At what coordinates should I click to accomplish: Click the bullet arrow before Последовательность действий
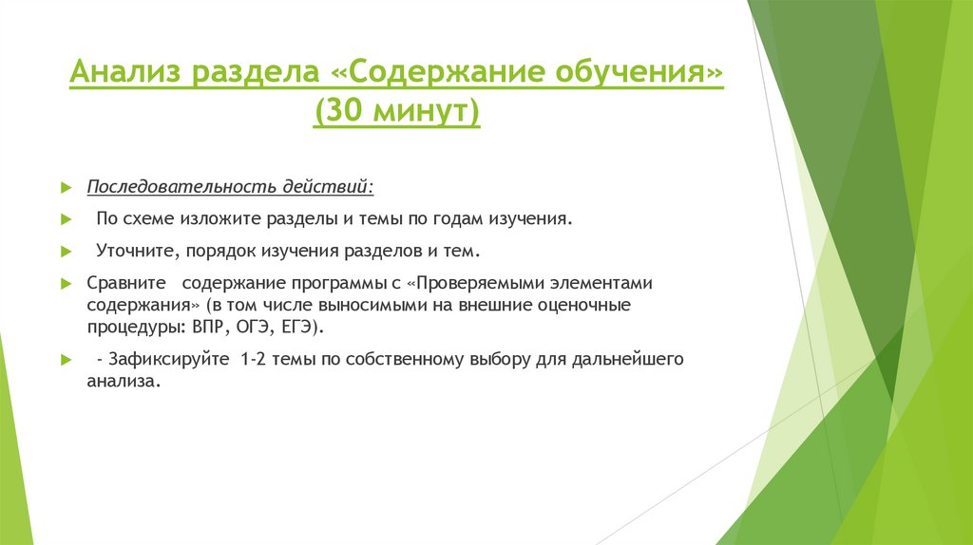(x=66, y=184)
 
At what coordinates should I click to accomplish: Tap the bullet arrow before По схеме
(x=66, y=219)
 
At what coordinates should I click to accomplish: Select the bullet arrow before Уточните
(x=66, y=254)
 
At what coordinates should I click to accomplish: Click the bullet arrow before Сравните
(x=66, y=285)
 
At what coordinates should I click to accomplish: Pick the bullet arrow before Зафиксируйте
(x=66, y=361)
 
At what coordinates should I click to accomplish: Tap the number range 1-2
(x=257, y=360)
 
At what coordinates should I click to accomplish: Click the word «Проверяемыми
(x=480, y=284)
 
